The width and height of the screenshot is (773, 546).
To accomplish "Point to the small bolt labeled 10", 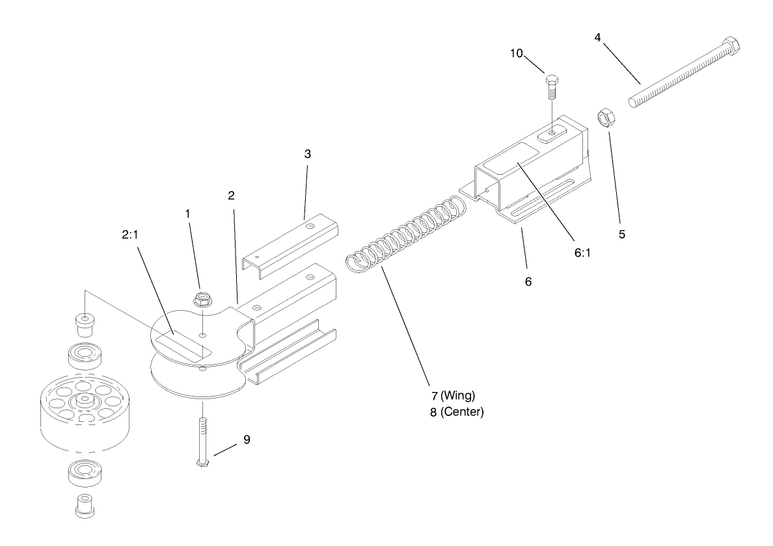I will point(550,87).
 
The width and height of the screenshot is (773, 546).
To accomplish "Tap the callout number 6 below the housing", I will point(528,282).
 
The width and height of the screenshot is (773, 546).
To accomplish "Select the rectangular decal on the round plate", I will point(185,343).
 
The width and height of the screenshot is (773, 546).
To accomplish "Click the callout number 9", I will point(247,439).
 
